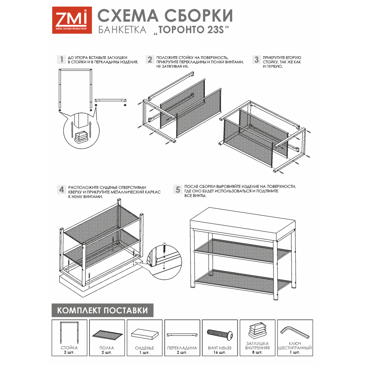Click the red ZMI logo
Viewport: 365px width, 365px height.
point(72,20)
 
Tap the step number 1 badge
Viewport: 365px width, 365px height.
point(61,59)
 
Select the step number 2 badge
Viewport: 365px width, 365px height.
point(150,59)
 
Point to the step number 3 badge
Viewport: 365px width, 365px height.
point(257,59)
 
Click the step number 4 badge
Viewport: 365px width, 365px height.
point(61,190)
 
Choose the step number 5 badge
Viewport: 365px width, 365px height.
point(178,190)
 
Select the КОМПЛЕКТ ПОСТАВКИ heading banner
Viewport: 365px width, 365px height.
point(103,310)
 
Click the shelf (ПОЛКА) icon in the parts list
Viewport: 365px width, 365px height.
point(107,334)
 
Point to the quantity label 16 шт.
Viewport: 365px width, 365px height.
point(220,353)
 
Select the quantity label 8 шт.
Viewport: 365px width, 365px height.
point(257,353)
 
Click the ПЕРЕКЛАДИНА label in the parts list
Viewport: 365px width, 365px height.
point(182,348)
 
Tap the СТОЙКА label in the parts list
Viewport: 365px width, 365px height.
point(69,348)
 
